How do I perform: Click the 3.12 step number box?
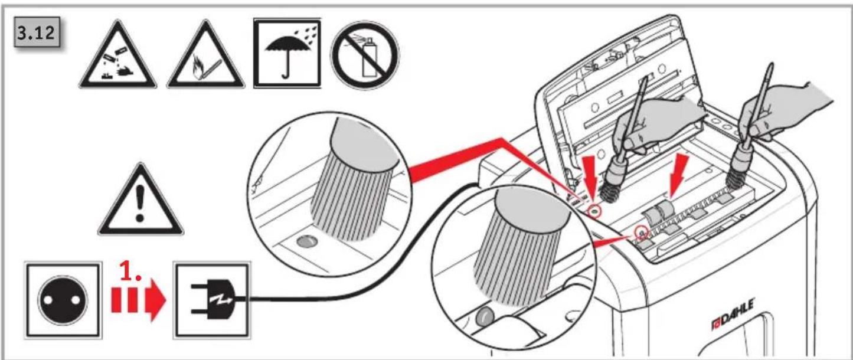[x=37, y=32]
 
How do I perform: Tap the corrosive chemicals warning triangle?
[x=117, y=55]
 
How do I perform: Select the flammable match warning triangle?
[x=205, y=55]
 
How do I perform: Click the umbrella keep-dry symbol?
[x=287, y=53]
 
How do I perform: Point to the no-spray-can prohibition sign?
[x=365, y=55]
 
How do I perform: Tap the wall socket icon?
[x=63, y=300]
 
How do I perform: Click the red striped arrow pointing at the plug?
[x=138, y=300]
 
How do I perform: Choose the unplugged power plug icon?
[x=212, y=300]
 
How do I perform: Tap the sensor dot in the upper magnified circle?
[x=306, y=242]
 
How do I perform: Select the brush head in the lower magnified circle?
[x=522, y=247]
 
